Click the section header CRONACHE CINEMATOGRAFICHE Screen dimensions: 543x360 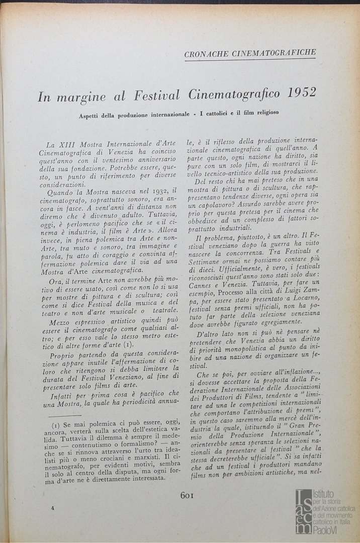click(250, 53)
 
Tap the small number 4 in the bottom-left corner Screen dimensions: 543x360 click(52, 508)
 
